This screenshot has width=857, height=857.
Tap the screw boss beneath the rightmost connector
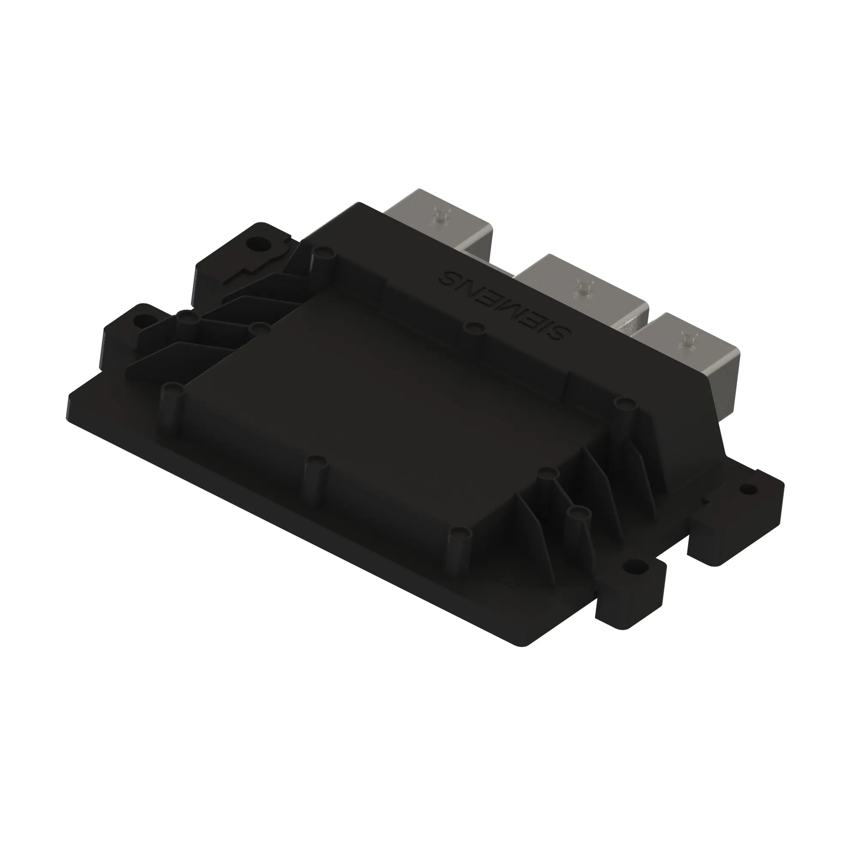625,403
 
